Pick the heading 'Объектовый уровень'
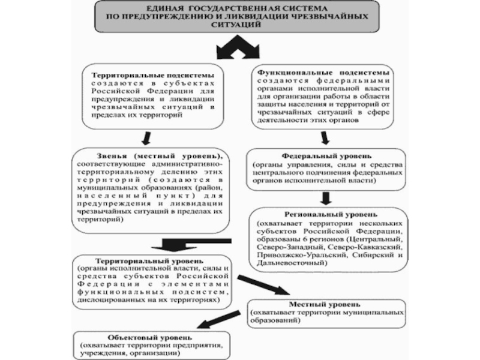point(142,337)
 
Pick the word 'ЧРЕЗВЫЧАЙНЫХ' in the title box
point(329,18)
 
